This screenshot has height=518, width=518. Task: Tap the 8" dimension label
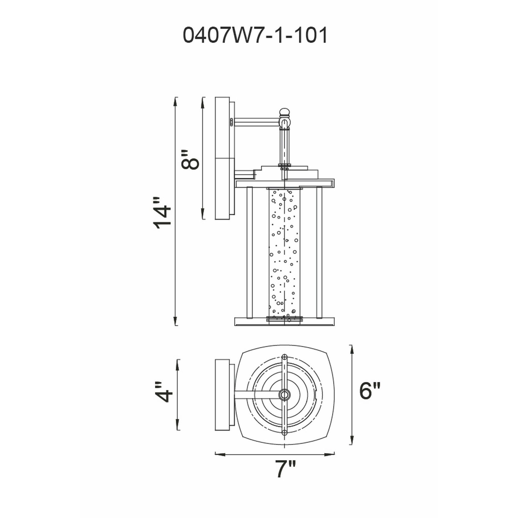coord(190,160)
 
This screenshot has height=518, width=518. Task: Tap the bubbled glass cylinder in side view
coord(284,253)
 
